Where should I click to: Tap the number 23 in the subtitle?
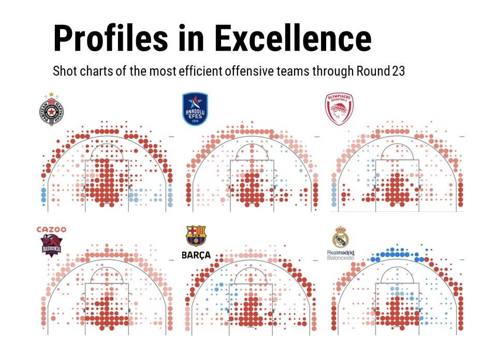click(x=398, y=71)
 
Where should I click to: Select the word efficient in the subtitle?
click(x=200, y=71)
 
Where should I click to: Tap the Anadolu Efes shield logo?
click(x=195, y=109)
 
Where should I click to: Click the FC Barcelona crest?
click(x=196, y=236)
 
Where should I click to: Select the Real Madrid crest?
click(x=341, y=237)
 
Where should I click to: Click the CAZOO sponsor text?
click(x=51, y=229)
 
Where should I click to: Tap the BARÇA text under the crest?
click(x=196, y=255)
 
